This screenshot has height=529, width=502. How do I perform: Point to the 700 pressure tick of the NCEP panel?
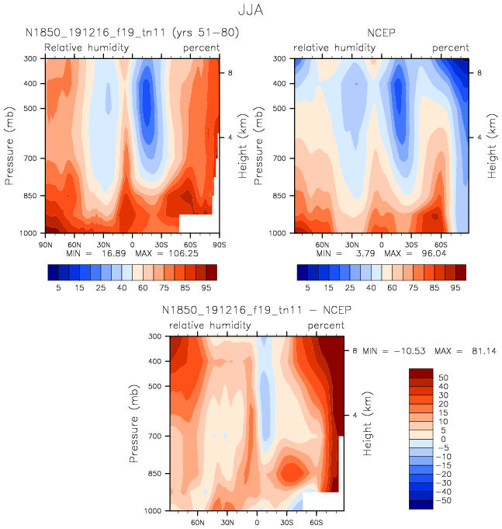pos(282,158)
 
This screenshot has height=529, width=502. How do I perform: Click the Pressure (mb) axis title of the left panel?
pos(9,145)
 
